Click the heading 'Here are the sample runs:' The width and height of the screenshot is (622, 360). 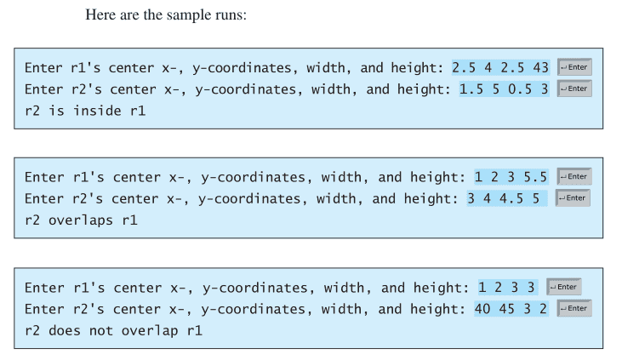166,15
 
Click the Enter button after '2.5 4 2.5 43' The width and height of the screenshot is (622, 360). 575,67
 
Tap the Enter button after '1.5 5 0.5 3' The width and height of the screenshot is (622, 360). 574,89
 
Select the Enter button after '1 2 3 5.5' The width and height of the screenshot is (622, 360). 574,177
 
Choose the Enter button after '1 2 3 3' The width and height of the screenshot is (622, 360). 564,287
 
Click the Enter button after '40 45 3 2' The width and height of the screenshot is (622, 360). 574,308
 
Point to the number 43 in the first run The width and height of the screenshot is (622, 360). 540,67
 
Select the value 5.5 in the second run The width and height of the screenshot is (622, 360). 535,177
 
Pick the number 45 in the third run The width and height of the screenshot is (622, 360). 506,309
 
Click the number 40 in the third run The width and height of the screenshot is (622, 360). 482,309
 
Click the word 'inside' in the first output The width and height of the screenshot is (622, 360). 97,111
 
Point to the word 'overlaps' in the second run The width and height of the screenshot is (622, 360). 81,220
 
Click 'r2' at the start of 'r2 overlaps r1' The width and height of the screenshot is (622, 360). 32,220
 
